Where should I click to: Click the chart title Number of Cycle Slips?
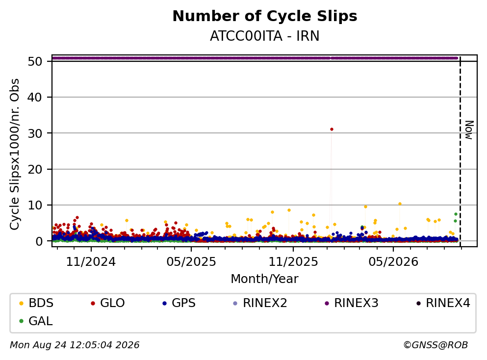[x=265, y=16]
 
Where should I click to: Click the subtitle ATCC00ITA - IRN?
[x=265, y=36]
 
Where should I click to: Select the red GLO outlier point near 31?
[x=332, y=129]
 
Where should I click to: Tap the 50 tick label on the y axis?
[x=35, y=61]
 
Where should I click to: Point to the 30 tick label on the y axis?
[x=35, y=133]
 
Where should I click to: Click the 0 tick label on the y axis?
[x=39, y=241]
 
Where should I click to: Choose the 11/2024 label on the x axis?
[x=91, y=262]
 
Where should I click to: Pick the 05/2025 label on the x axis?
[x=191, y=262]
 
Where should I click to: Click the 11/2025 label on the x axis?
[x=293, y=262]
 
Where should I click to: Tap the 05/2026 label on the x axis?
[x=393, y=262]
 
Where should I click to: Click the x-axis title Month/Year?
[x=265, y=279]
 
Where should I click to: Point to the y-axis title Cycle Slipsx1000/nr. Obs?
[x=15, y=154]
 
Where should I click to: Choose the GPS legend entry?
[x=179, y=303]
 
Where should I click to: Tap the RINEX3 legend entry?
[x=352, y=303]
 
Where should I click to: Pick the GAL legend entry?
[x=36, y=321]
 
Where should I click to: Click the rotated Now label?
[x=469, y=130]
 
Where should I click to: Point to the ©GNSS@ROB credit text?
[x=436, y=345]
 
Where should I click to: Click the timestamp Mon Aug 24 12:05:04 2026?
[x=75, y=345]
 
